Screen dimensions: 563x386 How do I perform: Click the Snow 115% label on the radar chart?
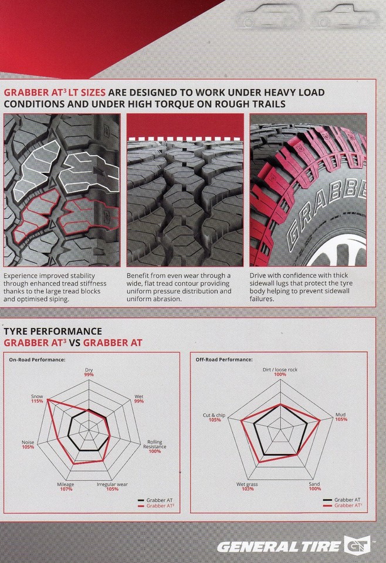click(37, 399)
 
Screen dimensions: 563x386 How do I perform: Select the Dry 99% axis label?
click(89, 372)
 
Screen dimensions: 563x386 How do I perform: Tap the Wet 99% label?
click(139, 399)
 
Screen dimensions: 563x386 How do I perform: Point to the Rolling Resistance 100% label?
click(154, 447)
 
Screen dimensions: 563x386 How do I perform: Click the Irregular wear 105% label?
click(112, 487)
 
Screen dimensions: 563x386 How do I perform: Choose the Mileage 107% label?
click(66, 487)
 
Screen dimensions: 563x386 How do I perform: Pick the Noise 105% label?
click(28, 445)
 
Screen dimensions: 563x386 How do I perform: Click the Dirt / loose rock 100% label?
click(280, 372)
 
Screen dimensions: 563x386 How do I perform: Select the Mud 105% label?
click(341, 417)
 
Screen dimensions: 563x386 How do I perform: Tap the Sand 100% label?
click(314, 487)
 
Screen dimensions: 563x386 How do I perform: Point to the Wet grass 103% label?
click(247, 487)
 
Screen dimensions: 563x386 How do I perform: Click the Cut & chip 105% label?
click(214, 418)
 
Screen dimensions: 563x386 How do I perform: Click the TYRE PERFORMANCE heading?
click(53, 331)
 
